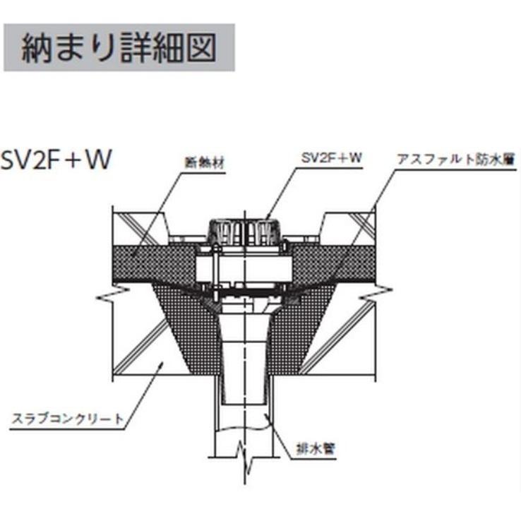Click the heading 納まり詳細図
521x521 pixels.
point(119,47)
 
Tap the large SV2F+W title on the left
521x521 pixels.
point(56,160)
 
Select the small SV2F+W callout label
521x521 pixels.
point(331,158)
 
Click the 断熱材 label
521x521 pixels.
point(205,163)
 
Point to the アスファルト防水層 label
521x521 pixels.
point(456,160)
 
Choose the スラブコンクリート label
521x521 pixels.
point(68,419)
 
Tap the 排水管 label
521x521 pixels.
point(316,449)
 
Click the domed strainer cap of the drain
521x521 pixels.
point(244,232)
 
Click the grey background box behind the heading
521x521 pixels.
point(119,47)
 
